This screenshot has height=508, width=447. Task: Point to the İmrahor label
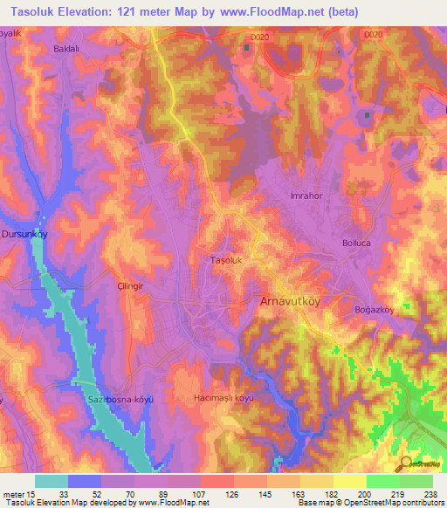tap(306, 196)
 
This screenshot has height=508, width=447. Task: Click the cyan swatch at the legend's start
tap(52, 481)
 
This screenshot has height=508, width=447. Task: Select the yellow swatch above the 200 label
tap(349, 481)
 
